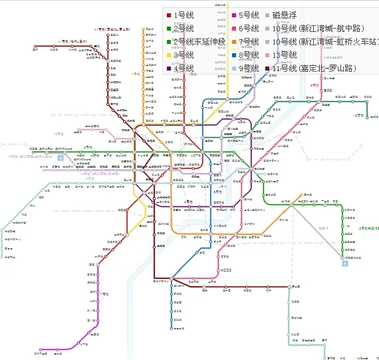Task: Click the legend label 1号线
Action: pyautogui.click(x=183, y=15)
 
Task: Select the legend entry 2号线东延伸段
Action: pyautogui.click(x=197, y=42)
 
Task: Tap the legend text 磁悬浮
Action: pyautogui.click(x=285, y=15)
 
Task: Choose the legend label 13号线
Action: pyautogui.click(x=285, y=55)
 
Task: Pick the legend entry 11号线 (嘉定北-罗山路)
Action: pyautogui.click(x=319, y=69)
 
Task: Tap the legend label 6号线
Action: pyautogui.click(x=249, y=28)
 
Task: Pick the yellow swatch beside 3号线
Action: pyautogui.click(x=169, y=55)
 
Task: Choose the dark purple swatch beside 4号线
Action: pyautogui.click(x=169, y=69)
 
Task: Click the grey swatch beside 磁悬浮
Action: pyautogui.click(x=267, y=15)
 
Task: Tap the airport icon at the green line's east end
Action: pyautogui.click(x=345, y=264)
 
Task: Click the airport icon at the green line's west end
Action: pyautogui.click(x=61, y=158)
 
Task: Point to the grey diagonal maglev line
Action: pyautogui.click(x=316, y=226)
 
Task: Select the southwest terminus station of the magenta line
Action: pyautogui.click(x=41, y=349)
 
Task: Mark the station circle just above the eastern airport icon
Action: pyautogui.click(x=344, y=257)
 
